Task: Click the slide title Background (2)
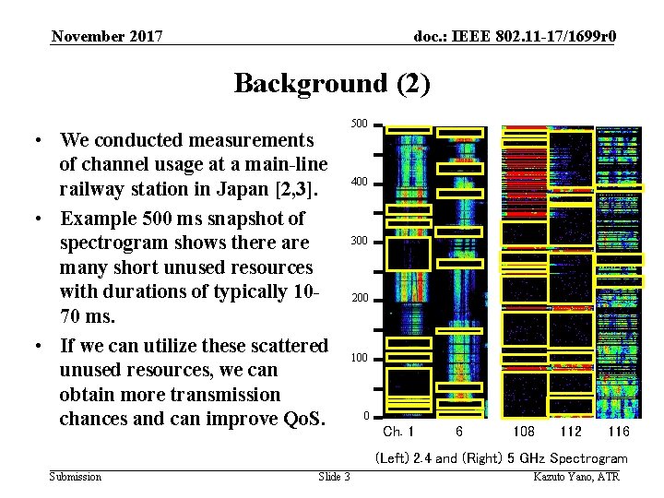pos(331,83)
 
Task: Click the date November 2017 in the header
pos(107,37)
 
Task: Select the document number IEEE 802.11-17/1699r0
pos(516,37)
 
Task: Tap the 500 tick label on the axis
pos(360,124)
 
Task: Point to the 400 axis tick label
pos(360,183)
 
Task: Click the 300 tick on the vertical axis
pos(360,241)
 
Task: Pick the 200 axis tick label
pos(360,299)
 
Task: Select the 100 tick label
pos(360,357)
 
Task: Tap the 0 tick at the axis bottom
pos(366,415)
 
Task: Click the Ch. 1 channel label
pos(398,432)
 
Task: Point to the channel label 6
pos(458,432)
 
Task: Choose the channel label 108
pos(523,432)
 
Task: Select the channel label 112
pos(571,432)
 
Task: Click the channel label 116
pos(618,432)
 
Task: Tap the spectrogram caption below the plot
pos(501,458)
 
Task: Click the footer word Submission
pos(76,477)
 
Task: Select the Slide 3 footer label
pos(334,477)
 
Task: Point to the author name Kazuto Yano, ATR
pos(576,477)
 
